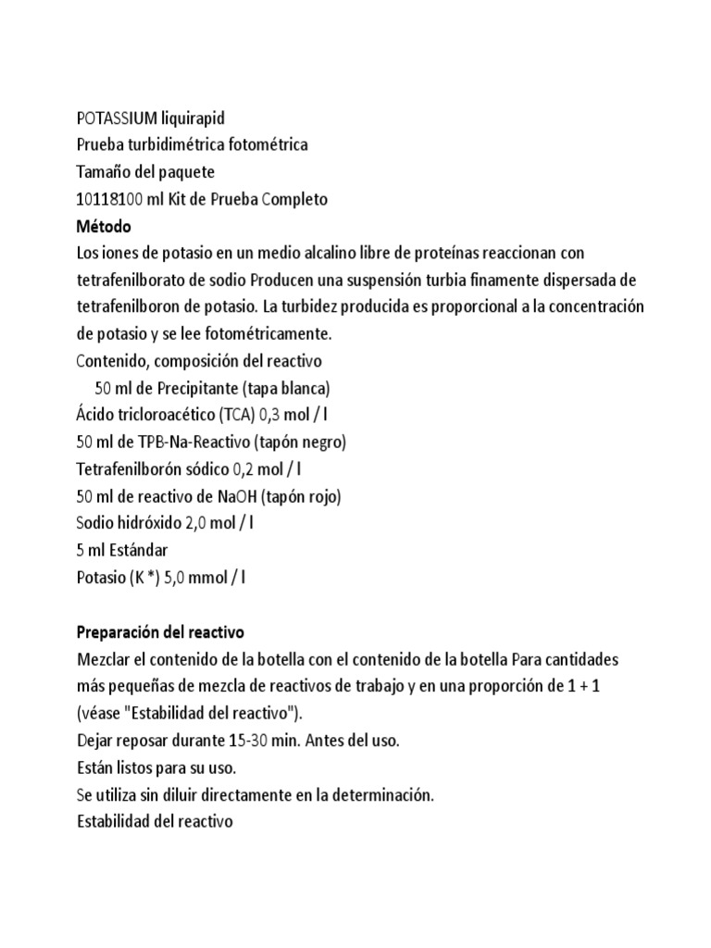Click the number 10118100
tap(109, 199)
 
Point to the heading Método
tap(103, 226)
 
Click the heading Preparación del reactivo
tap(158, 634)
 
